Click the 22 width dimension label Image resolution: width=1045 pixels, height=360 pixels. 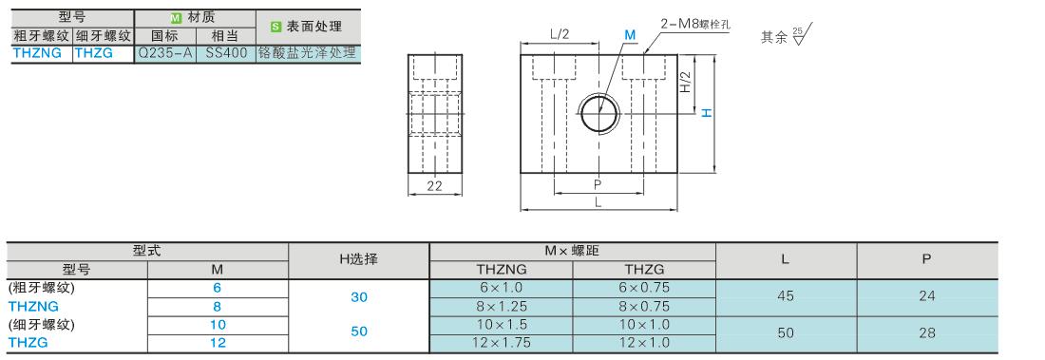pyautogui.click(x=434, y=187)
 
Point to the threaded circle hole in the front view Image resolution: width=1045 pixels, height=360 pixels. pyautogui.click(x=599, y=113)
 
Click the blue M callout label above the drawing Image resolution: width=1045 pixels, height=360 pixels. pyautogui.click(x=630, y=34)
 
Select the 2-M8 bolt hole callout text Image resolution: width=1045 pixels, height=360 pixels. pyautogui.click(x=695, y=24)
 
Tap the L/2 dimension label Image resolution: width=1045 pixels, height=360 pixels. pyautogui.click(x=560, y=34)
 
